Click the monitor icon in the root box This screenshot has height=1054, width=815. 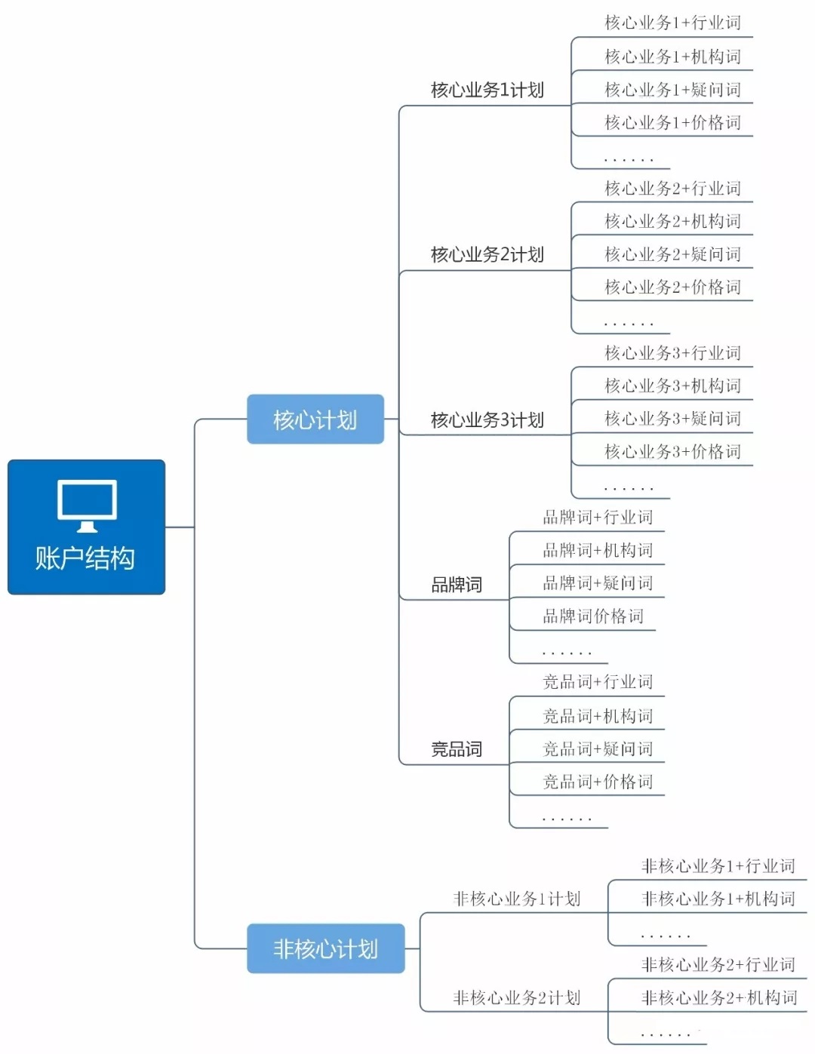pos(87,504)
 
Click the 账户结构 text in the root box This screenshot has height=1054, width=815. pos(85,558)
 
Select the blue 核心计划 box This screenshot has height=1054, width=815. pos(315,419)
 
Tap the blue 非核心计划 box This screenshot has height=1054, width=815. pos(326,948)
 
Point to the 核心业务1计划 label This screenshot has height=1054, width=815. pos(487,91)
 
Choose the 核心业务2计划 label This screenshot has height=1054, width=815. pos(487,255)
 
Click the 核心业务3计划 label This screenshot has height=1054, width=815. pos(487,420)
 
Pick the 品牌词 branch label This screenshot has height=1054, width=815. pos(456,585)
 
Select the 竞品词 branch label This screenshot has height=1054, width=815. pos(456,749)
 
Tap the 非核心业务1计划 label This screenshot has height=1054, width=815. pos(517,899)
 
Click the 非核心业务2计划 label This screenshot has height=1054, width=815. pos(517,997)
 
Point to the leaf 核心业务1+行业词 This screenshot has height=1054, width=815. pos(672,23)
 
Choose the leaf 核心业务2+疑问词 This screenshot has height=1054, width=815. pos(672,254)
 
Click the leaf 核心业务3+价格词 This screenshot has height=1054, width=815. pos(672,451)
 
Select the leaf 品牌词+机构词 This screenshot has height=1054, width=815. pos(598,550)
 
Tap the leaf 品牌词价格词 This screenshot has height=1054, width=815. pos(593,616)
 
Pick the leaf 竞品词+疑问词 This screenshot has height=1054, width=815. pos(598,748)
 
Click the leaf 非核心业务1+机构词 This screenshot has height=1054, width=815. pos(718,899)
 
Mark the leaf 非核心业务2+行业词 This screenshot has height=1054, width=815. pos(718,964)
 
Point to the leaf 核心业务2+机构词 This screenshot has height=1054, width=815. pos(672,221)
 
